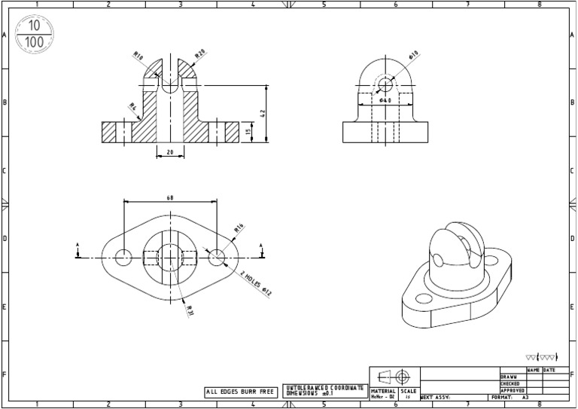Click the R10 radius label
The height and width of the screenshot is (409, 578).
click(x=138, y=56)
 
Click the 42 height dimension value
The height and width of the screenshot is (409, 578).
click(x=263, y=112)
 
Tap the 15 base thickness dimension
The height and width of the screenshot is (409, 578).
click(x=249, y=132)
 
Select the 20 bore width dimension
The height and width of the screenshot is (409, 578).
click(x=169, y=152)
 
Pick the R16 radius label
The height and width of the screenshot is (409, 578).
click(x=239, y=227)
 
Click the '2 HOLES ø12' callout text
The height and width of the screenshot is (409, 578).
click(x=256, y=283)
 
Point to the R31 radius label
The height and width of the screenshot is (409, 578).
click(x=190, y=310)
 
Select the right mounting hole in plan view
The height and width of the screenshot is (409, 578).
click(x=217, y=257)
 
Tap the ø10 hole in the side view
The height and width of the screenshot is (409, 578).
click(x=385, y=83)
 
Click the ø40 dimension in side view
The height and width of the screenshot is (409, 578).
click(x=385, y=99)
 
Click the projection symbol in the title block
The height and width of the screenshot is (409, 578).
click(x=394, y=377)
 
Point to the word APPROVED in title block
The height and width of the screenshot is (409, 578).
click(x=513, y=391)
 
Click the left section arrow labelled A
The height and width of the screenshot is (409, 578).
click(x=78, y=251)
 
